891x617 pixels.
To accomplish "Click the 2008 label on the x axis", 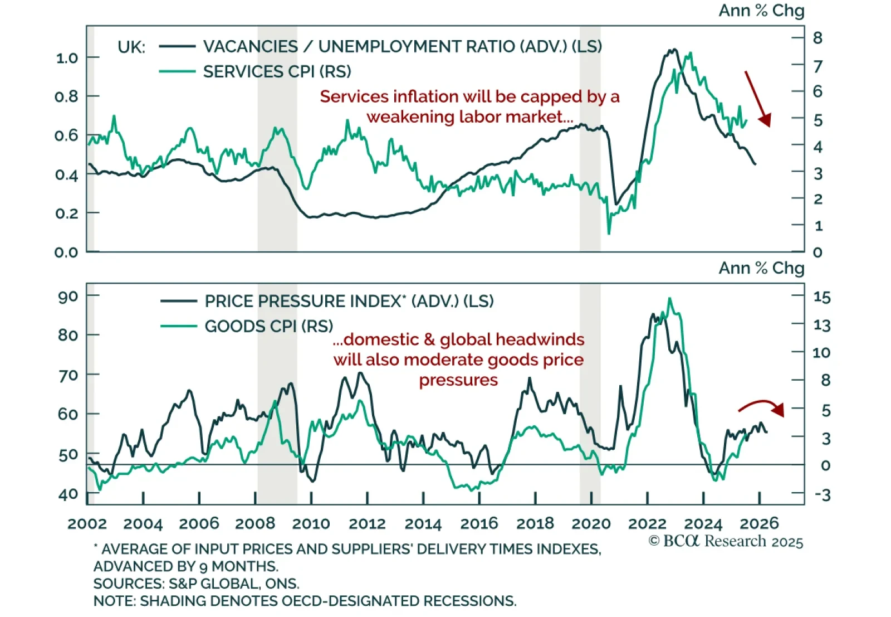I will click(254, 524).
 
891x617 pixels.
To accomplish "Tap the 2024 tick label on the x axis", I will click(703, 524).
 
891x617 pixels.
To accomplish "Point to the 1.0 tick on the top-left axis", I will click(67, 58).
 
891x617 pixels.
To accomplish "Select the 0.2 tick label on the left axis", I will click(67, 213).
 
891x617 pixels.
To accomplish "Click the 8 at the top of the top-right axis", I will click(817, 38).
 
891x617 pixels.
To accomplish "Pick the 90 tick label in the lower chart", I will click(68, 296).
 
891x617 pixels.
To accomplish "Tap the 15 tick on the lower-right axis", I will click(822, 297).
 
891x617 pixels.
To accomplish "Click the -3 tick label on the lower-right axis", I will click(822, 495).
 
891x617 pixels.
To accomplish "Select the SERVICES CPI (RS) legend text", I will click(277, 72).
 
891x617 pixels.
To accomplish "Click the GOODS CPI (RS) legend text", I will click(268, 326).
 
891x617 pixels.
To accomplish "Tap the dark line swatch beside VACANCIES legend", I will click(177, 46).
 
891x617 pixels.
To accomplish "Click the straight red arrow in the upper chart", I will click(757, 98).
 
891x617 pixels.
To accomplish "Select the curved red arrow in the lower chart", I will click(761, 407).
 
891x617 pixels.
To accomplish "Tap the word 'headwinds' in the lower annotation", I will click(540, 339).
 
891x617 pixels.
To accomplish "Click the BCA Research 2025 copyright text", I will click(726, 541).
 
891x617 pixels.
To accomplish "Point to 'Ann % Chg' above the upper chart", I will click(761, 11).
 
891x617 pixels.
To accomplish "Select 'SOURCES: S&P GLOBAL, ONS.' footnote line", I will click(196, 584).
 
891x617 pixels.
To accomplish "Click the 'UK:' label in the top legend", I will click(131, 47).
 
